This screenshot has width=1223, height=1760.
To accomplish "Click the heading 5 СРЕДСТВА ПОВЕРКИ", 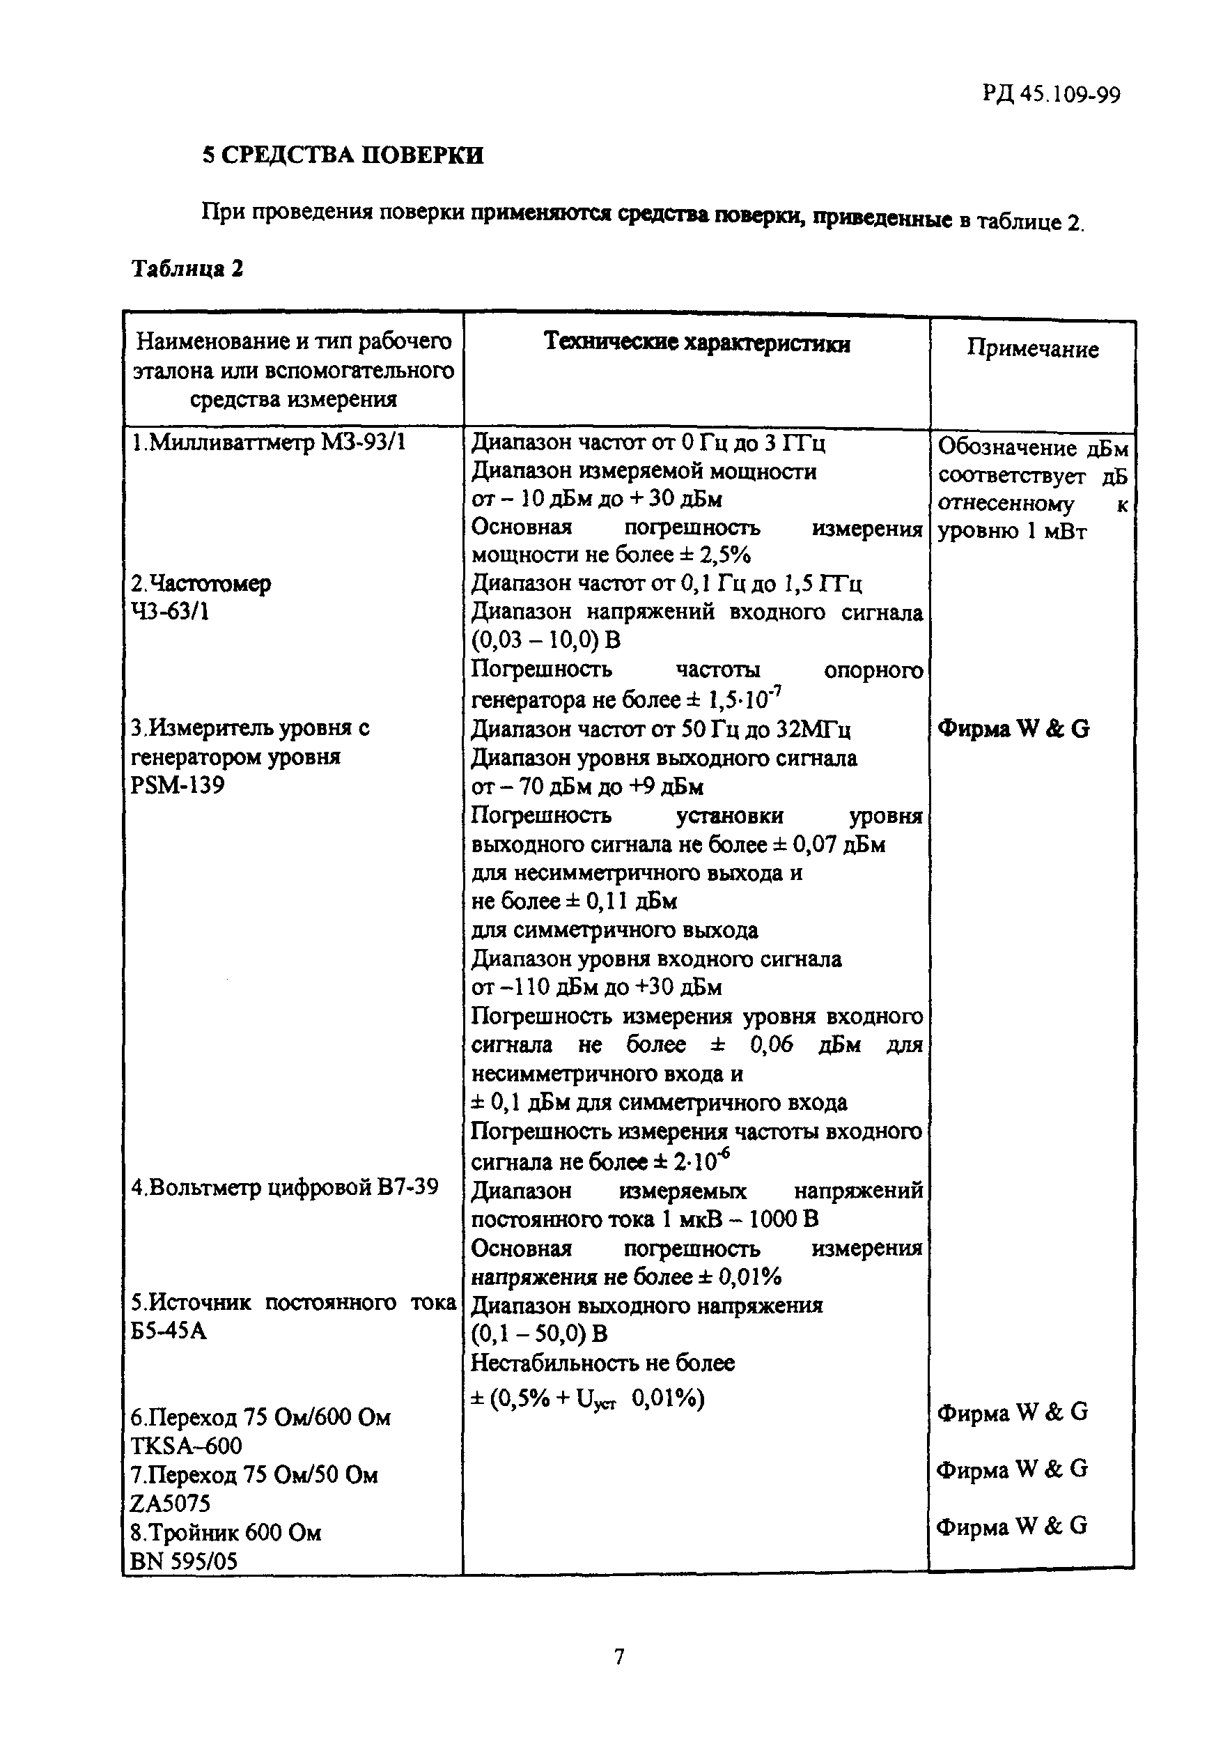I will (343, 155).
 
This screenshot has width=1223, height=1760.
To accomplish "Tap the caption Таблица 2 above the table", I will (188, 269).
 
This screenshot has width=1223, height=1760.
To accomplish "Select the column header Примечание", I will (1032, 350).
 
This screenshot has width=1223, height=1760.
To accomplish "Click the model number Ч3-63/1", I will (169, 612).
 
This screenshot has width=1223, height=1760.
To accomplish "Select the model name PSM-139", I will (178, 786).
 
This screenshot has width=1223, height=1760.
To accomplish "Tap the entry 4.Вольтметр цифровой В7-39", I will (284, 1187).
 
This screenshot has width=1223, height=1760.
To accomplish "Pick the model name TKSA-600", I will (186, 1446).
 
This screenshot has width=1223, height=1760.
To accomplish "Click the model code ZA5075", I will (170, 1503).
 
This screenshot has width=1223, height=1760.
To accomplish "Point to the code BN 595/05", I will (184, 1561).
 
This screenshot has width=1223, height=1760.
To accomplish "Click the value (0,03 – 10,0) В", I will (545, 641).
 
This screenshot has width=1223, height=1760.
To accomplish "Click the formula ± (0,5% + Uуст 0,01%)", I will (587, 1399).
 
